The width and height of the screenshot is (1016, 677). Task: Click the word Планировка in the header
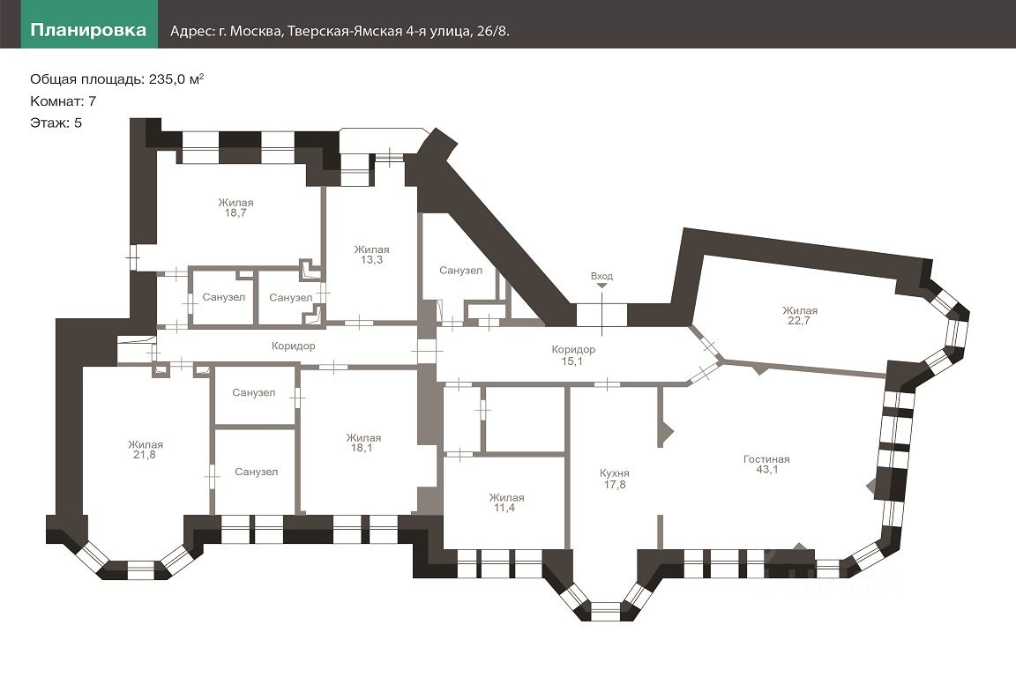coord(88,30)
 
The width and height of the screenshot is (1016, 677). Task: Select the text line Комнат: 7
coord(63,100)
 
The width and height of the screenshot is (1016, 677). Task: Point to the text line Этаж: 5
coord(56,123)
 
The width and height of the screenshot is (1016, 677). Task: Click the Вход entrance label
coord(601,276)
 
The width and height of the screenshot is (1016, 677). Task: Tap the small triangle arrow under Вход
coord(601,286)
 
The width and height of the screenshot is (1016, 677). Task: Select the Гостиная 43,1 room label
coord(766,465)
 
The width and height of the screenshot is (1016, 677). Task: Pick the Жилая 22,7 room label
coord(799,316)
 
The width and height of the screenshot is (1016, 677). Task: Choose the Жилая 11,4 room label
coord(506,503)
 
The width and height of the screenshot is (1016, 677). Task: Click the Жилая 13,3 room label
coord(371,255)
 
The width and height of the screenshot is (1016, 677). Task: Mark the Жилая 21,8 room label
coord(145,450)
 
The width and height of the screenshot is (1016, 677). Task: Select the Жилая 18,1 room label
coord(363,443)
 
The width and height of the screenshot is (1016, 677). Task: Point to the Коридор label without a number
coord(294,346)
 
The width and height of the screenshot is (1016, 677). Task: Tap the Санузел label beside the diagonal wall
coord(460,271)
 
